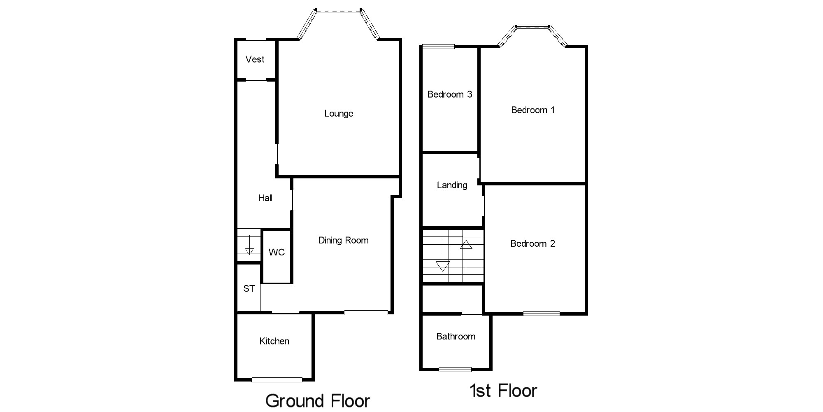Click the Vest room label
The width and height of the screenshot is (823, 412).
pyautogui.click(x=255, y=59)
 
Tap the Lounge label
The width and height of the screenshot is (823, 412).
pyautogui.click(x=339, y=113)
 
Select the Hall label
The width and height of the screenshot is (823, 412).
pyautogui.click(x=265, y=198)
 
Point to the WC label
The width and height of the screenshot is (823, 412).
pyautogui.click(x=277, y=252)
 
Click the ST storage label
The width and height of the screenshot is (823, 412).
pyautogui.click(x=249, y=288)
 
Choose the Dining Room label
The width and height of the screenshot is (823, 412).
pyautogui.click(x=343, y=240)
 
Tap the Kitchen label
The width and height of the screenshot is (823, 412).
pyautogui.click(x=274, y=341)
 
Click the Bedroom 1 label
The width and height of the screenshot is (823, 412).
pyautogui.click(x=533, y=110)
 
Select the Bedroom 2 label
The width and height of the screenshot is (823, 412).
pyautogui.click(x=532, y=243)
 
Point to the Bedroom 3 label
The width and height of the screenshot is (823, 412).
pyautogui.click(x=450, y=94)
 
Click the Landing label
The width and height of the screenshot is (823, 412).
pyautogui.click(x=452, y=185)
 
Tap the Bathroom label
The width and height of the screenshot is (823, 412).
pyautogui.click(x=456, y=337)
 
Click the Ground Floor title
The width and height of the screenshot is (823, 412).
pyautogui.click(x=318, y=400)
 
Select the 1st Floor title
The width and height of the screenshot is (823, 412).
pyautogui.click(x=503, y=391)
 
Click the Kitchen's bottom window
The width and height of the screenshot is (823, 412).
pyautogui.click(x=277, y=379)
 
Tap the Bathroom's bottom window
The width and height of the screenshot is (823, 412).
pyautogui.click(x=455, y=369)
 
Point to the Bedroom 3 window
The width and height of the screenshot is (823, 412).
pyautogui.click(x=438, y=47)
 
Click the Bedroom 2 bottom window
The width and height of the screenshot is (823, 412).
pyautogui.click(x=541, y=314)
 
